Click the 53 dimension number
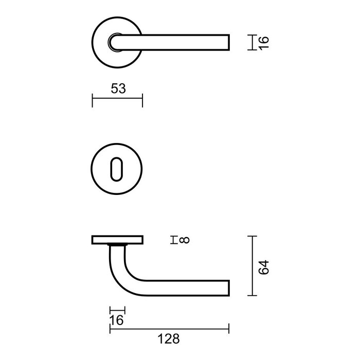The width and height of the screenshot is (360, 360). pyautogui.click(x=118, y=88)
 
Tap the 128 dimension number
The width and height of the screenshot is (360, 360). pyautogui.click(x=168, y=339)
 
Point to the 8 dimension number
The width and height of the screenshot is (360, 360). pyautogui.click(x=185, y=239)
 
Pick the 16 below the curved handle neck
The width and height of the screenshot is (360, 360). pyautogui.click(x=117, y=320)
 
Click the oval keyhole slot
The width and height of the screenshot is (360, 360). pyautogui.click(x=117, y=168)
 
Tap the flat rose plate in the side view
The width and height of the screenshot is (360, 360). pyautogui.click(x=117, y=239)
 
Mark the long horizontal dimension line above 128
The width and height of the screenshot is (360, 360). pyautogui.click(x=169, y=328)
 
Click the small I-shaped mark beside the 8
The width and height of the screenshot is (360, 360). pyautogui.click(x=174, y=239)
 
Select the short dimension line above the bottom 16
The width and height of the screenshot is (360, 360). pyautogui.click(x=117, y=310)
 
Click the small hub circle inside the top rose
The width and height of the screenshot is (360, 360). pyautogui.click(x=115, y=41)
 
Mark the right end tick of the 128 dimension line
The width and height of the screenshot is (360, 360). pyautogui.click(x=229, y=328)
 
